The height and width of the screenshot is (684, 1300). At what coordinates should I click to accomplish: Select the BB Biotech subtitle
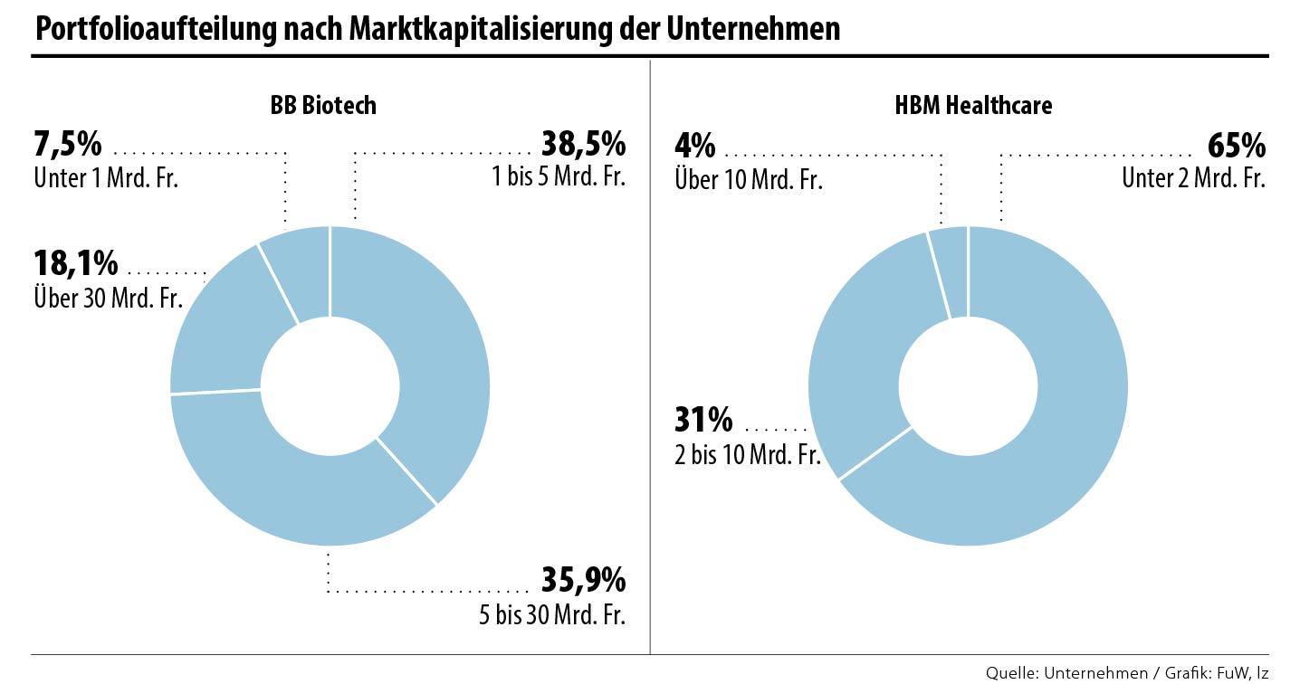pyautogui.click(x=323, y=106)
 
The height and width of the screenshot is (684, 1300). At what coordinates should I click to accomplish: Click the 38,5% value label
pyautogui.click(x=583, y=144)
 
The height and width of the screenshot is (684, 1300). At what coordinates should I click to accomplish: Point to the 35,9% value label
pyautogui.click(x=583, y=578)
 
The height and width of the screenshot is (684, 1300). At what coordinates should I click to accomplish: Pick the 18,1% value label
pyautogui.click(x=76, y=263)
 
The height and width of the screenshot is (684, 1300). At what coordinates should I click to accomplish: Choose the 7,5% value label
pyautogui.click(x=68, y=144)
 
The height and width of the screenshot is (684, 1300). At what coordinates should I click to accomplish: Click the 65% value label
pyautogui.click(x=1236, y=146)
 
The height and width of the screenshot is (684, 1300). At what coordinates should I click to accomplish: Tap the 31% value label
pyautogui.click(x=703, y=420)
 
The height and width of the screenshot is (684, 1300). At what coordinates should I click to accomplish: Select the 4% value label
pyautogui.click(x=695, y=146)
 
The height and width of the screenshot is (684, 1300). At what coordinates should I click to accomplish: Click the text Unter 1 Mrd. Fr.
pyautogui.click(x=106, y=177)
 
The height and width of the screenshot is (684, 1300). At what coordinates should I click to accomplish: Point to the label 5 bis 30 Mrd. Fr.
pyautogui.click(x=552, y=616)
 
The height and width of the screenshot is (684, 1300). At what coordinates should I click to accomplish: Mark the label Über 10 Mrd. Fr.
pyautogui.click(x=749, y=179)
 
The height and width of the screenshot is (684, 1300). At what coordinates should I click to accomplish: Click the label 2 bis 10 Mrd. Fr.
pyautogui.click(x=748, y=454)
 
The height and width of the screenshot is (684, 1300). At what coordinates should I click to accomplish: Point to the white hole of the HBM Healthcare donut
pyautogui.click(x=968, y=386)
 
